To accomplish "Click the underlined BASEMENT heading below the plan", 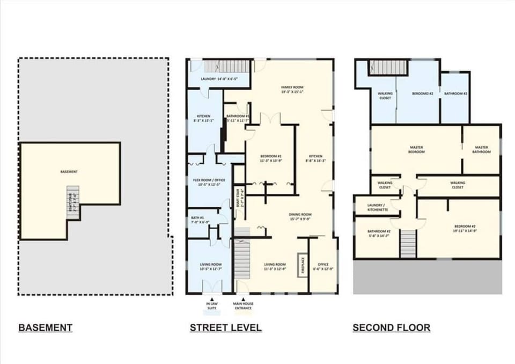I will [x=45, y=327].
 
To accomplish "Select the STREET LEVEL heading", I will [x=225, y=327].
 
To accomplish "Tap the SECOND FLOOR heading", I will [x=391, y=327].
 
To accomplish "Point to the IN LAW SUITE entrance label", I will [x=212, y=306].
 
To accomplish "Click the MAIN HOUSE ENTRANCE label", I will [x=243, y=306].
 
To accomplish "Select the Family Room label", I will [x=292, y=89].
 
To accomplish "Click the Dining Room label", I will [x=300, y=216].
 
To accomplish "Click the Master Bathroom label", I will [x=481, y=149].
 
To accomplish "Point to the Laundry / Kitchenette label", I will [x=377, y=207].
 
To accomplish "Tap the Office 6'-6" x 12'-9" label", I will [x=323, y=266].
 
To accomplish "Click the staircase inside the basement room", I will [x=72, y=202].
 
